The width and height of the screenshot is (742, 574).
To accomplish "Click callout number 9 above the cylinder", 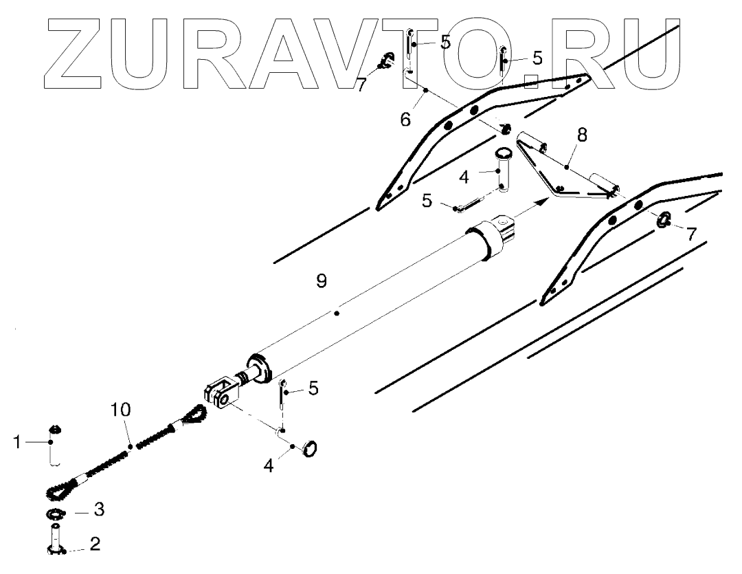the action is coord(322,280).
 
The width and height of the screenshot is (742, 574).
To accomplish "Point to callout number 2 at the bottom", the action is coord(95,545).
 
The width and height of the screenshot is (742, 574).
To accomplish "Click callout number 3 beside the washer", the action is coord(99,510).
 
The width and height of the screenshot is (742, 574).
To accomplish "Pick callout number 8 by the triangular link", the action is coord(581,135).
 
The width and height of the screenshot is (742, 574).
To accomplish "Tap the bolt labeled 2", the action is coord(55,537).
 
